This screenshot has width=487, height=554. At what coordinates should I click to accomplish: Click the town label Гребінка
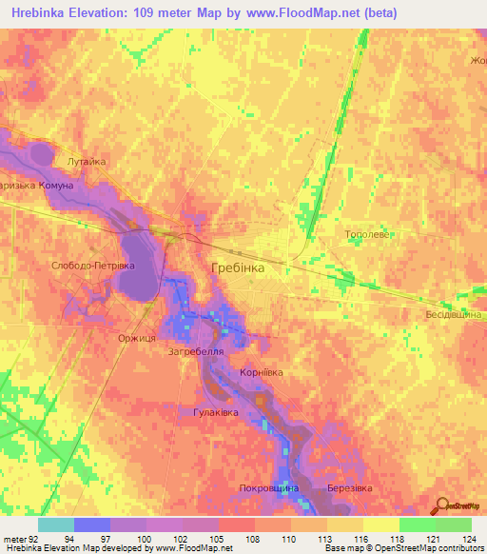pyautogui.click(x=237, y=268)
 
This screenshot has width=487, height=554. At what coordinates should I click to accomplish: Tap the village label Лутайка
pyautogui.click(x=86, y=162)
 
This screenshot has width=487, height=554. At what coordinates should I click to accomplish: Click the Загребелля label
pyautogui.click(x=196, y=351)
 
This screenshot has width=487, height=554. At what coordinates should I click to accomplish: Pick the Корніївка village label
pyautogui.click(x=262, y=373)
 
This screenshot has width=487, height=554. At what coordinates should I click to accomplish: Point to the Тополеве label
pyautogui.click(x=366, y=232)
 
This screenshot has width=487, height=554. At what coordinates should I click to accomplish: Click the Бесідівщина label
pyautogui.click(x=455, y=313)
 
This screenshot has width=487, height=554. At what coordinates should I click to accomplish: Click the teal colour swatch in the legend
pyautogui.click(x=56, y=524)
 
